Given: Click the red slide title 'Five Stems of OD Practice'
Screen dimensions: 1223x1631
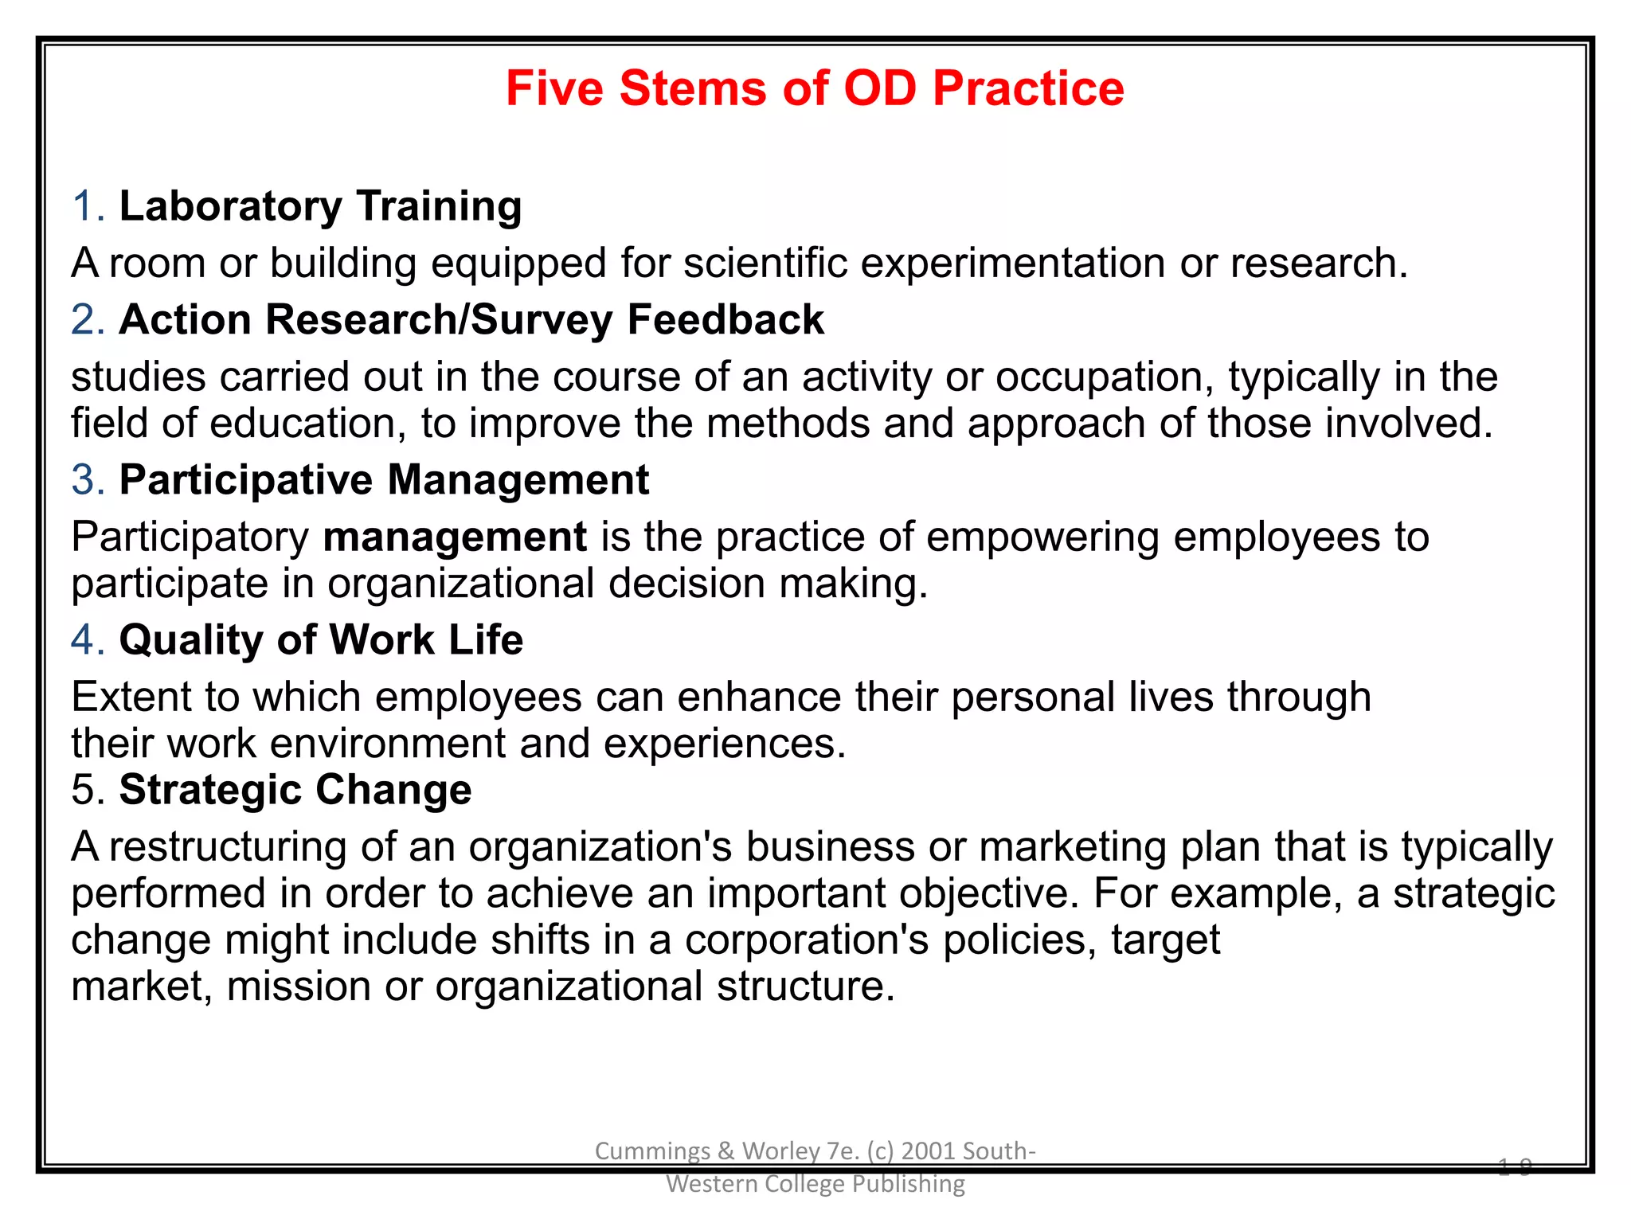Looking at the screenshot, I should (x=815, y=88).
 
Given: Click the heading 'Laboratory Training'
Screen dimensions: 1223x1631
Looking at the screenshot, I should (x=320, y=206).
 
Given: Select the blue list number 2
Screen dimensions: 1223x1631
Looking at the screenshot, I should (x=87, y=319).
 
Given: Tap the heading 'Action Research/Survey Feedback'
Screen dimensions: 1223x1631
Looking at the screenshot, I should (x=471, y=319).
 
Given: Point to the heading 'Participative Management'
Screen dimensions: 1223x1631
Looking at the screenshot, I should (x=384, y=480).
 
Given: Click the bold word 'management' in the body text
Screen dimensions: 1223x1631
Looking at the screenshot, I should (x=455, y=537).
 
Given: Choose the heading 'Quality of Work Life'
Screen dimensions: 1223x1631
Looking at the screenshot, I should (x=321, y=640).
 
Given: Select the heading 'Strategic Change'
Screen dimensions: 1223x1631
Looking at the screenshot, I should (x=295, y=790).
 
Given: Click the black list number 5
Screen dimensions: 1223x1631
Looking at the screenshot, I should (x=87, y=790).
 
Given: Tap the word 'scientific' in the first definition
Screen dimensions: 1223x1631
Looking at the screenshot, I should (x=765, y=263).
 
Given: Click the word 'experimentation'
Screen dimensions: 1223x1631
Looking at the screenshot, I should (x=1013, y=263).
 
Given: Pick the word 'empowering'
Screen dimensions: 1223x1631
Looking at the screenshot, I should (x=1042, y=537).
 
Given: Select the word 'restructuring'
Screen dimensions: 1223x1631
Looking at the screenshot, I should (x=228, y=846).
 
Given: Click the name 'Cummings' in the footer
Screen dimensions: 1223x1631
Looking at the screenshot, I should (x=652, y=1151).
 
